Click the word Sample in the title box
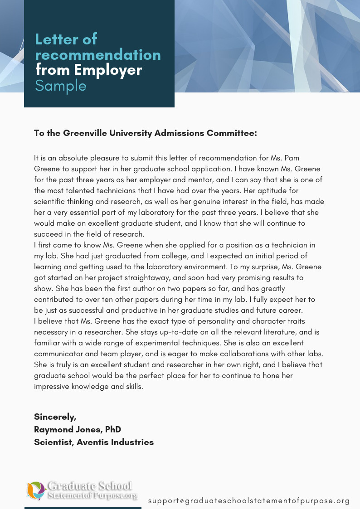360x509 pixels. [61, 86]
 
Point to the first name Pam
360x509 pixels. [292, 158]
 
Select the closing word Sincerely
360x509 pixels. [55, 417]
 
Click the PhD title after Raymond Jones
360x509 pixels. [112, 429]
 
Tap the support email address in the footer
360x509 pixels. [249, 501]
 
